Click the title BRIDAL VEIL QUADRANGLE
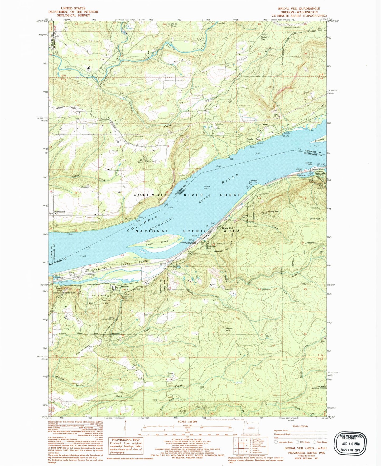point(299,8)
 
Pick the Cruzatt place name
point(265,124)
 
